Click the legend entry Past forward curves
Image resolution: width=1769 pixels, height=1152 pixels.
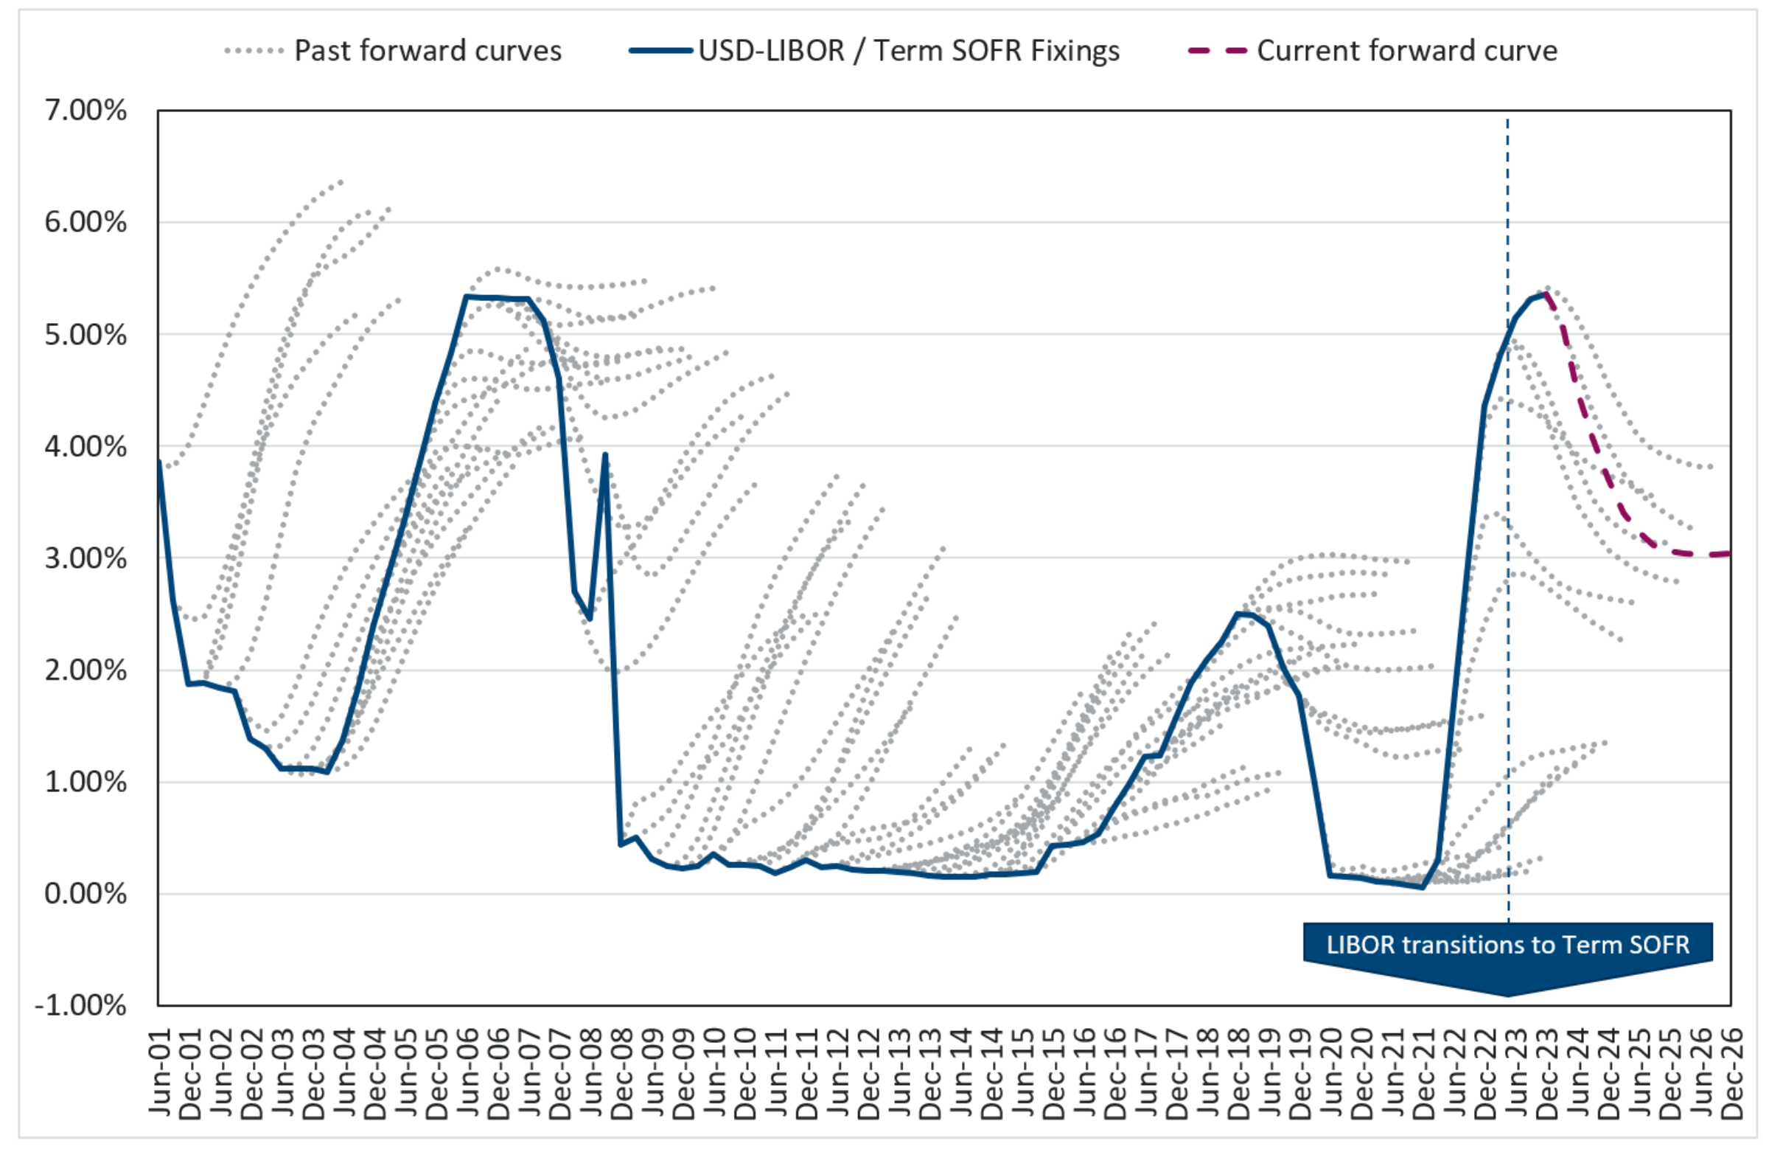click(428, 51)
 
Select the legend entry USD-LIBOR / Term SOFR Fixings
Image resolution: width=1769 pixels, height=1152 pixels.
click(908, 51)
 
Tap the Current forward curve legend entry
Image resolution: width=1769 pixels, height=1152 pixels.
click(1406, 51)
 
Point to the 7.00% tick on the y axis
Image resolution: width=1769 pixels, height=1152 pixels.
click(86, 110)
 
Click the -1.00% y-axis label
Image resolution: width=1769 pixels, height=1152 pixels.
click(81, 1005)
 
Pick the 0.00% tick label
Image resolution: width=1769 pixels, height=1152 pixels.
click(86, 893)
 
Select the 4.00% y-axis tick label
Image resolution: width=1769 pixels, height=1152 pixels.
click(86, 446)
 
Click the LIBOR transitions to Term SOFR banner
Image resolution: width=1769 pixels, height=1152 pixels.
click(1507, 945)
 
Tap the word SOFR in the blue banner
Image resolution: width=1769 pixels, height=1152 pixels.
click(1658, 945)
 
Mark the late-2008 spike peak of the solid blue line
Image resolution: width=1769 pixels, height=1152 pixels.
click(606, 454)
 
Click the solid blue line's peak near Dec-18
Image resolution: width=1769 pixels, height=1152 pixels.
click(1238, 614)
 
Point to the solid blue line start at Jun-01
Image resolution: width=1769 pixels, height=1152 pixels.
click(158, 461)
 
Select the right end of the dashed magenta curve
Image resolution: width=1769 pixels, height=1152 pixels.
click(1731, 552)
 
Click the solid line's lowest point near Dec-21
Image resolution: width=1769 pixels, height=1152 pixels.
click(1423, 887)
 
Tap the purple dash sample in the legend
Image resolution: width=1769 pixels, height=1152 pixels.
click(1217, 51)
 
